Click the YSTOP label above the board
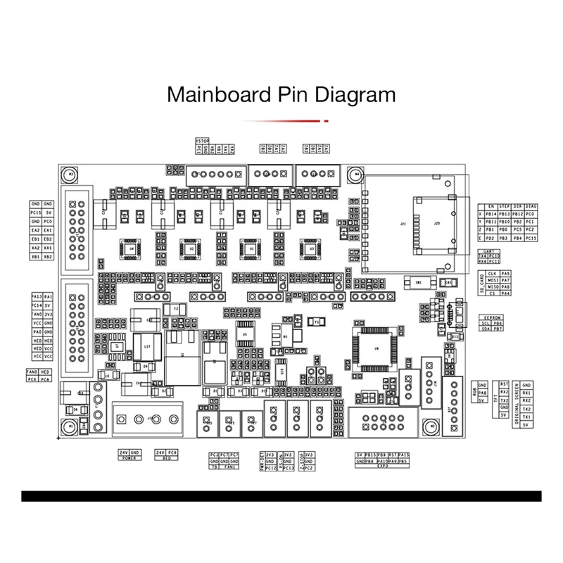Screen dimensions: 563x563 tap(202, 140)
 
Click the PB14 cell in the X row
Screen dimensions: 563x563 tap(491, 213)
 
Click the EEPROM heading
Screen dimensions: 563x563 tap(491, 317)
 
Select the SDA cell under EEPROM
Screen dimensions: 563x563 tap(486, 329)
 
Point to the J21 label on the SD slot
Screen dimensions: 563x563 tap(403, 224)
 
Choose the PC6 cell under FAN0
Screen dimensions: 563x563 tap(32, 379)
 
